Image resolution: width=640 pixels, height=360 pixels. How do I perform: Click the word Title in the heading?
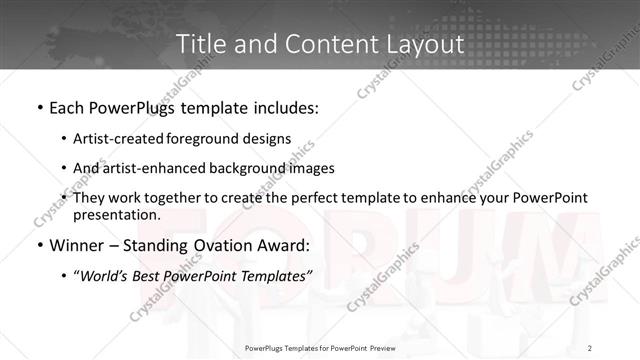click(201, 44)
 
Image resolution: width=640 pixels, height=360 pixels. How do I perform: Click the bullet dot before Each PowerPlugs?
click(38, 105)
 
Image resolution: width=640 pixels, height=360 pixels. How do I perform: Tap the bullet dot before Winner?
click(38, 244)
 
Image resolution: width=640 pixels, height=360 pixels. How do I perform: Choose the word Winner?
click(73, 244)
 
